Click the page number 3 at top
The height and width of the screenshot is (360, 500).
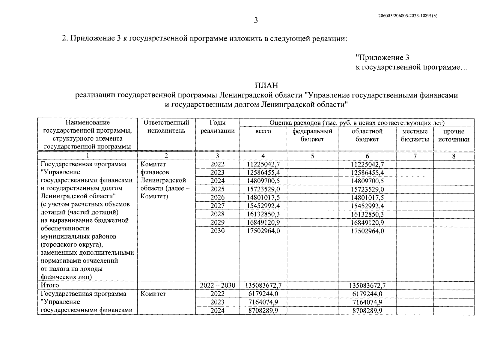point(256,20)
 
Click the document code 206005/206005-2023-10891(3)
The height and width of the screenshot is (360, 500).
point(408,16)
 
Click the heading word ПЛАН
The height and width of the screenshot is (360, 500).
point(266,86)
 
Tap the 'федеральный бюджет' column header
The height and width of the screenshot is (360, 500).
point(312,135)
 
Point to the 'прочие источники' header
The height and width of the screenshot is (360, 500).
point(454,135)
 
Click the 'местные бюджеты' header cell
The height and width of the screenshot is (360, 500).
point(415,135)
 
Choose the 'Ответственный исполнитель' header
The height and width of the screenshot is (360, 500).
point(166,127)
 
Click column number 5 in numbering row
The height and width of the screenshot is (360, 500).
point(312,156)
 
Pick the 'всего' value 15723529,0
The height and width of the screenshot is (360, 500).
point(263,189)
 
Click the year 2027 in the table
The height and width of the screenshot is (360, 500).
point(217,206)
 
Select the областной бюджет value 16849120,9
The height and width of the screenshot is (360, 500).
point(367,223)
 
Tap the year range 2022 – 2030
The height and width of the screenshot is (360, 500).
point(217,285)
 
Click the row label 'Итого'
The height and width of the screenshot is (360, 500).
point(50,285)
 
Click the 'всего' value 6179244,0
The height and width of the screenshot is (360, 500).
point(263,294)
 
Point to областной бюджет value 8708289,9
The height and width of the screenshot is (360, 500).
point(367,311)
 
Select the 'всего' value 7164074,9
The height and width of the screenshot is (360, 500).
point(263,302)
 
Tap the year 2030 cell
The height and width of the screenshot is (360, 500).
point(217,231)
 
